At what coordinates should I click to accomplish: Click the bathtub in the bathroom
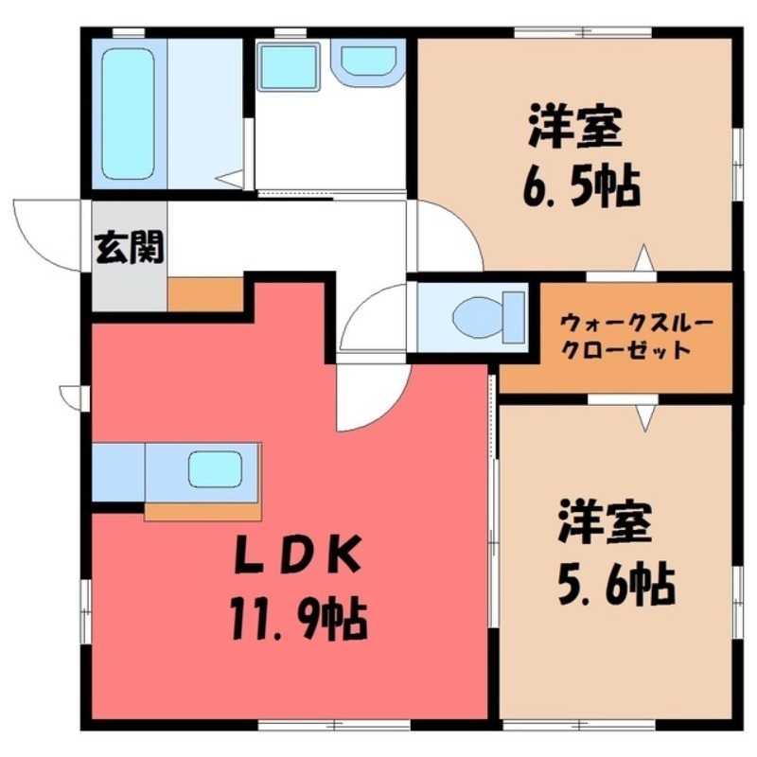point(129,114)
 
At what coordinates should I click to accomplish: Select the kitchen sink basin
point(215,469)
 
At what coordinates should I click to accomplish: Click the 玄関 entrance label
point(130,248)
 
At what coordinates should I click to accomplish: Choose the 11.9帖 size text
point(299,619)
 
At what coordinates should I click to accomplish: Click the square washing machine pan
point(289,66)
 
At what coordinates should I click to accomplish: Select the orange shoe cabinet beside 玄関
point(205,294)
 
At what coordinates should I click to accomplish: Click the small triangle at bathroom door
point(230,179)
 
